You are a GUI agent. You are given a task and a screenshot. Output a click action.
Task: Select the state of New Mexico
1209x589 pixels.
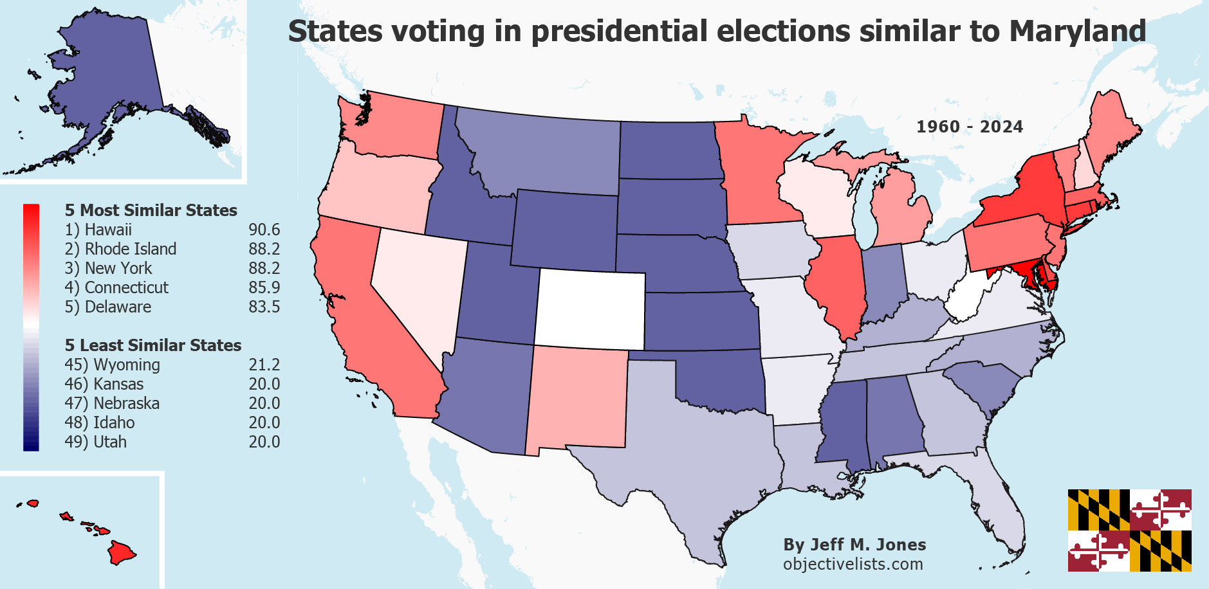pos(576,399)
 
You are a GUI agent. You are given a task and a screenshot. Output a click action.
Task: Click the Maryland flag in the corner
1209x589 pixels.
pos(1129,530)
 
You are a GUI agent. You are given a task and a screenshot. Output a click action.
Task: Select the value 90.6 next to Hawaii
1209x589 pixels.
pos(264,230)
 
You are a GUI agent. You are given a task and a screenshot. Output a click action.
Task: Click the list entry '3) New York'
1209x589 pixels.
pos(108,268)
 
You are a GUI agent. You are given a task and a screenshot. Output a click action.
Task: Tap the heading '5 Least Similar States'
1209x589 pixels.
pos(152,345)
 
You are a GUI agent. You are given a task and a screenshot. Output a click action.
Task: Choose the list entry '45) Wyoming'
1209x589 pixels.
pos(112,365)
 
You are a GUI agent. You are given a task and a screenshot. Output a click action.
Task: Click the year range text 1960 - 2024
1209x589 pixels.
pos(969,127)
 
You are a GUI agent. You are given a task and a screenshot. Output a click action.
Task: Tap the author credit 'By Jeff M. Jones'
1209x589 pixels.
pos(854,545)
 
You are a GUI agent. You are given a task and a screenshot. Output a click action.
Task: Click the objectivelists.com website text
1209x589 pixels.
pos(853,564)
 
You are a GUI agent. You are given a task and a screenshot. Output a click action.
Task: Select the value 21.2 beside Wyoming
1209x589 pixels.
pos(264,365)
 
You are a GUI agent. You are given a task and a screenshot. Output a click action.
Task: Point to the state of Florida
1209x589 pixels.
pos(994,508)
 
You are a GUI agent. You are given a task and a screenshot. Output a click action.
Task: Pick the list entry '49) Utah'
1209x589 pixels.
pos(95,442)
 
